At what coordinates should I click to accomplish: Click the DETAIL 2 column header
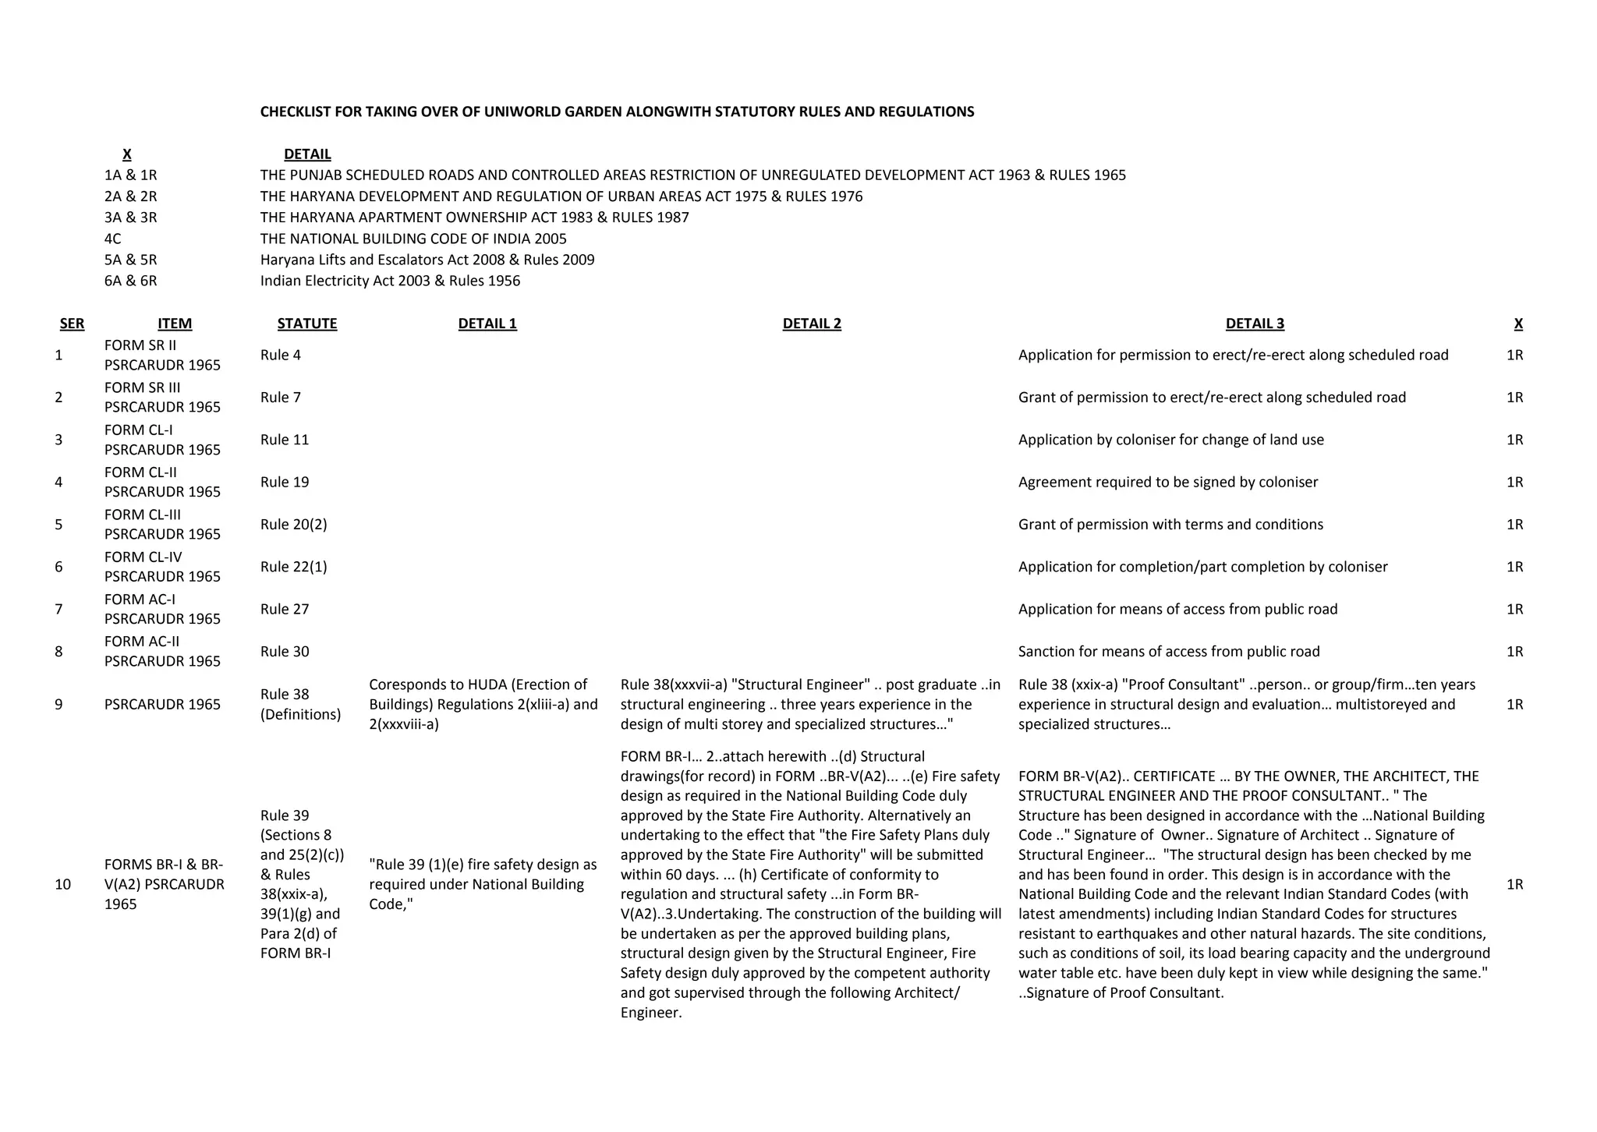[812, 324]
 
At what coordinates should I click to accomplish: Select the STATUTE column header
[306, 324]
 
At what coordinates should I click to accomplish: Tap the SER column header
[72, 324]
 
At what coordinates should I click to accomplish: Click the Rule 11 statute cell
[285, 440]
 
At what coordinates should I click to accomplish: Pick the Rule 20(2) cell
[293, 525]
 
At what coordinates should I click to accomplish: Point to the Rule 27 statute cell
[285, 609]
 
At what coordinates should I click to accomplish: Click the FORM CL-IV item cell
[162, 567]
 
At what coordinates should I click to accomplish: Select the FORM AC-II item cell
[162, 651]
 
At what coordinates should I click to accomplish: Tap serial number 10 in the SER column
[62, 884]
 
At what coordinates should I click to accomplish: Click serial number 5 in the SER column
[58, 525]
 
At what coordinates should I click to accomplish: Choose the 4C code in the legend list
[112, 239]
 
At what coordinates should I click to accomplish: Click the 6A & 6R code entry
[130, 281]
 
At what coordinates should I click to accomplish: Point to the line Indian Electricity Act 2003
[390, 281]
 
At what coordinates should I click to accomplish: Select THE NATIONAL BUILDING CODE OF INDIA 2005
[413, 239]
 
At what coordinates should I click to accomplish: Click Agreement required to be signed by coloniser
[1167, 482]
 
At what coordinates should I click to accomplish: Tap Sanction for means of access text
[1168, 652]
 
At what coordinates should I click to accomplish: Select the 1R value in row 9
[1514, 704]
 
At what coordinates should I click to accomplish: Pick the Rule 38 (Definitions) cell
[300, 704]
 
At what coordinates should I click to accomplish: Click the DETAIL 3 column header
[1254, 324]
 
